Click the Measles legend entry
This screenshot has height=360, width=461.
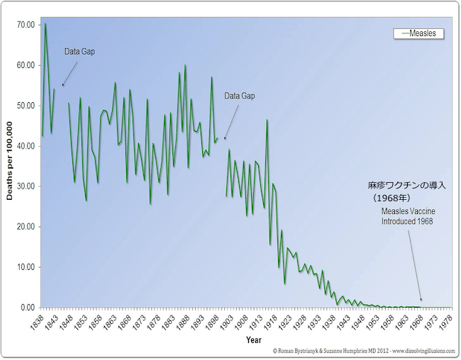click(418, 33)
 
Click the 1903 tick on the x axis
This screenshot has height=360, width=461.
click(226, 320)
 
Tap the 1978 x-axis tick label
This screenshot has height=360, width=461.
click(445, 320)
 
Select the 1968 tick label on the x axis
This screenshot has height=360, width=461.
click(416, 320)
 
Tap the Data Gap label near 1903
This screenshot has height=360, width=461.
click(239, 96)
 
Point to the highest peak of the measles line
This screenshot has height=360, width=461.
click(45, 24)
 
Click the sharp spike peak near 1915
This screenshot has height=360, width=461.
click(267, 120)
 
